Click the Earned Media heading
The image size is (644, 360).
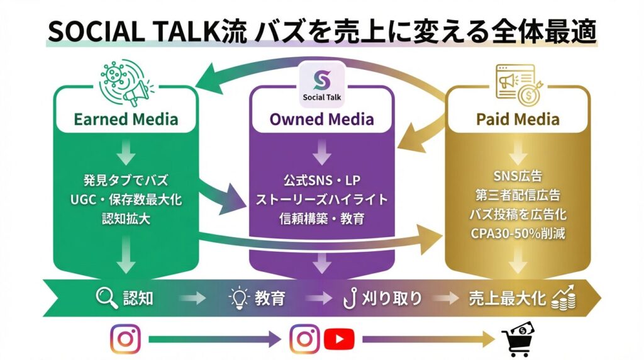pyautogui.click(x=126, y=118)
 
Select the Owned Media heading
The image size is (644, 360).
pyautogui.click(x=321, y=118)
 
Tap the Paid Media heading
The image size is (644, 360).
pyautogui.click(x=518, y=118)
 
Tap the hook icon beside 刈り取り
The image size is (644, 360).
pyautogui.click(x=349, y=298)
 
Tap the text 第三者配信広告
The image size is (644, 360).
pyautogui.click(x=518, y=196)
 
